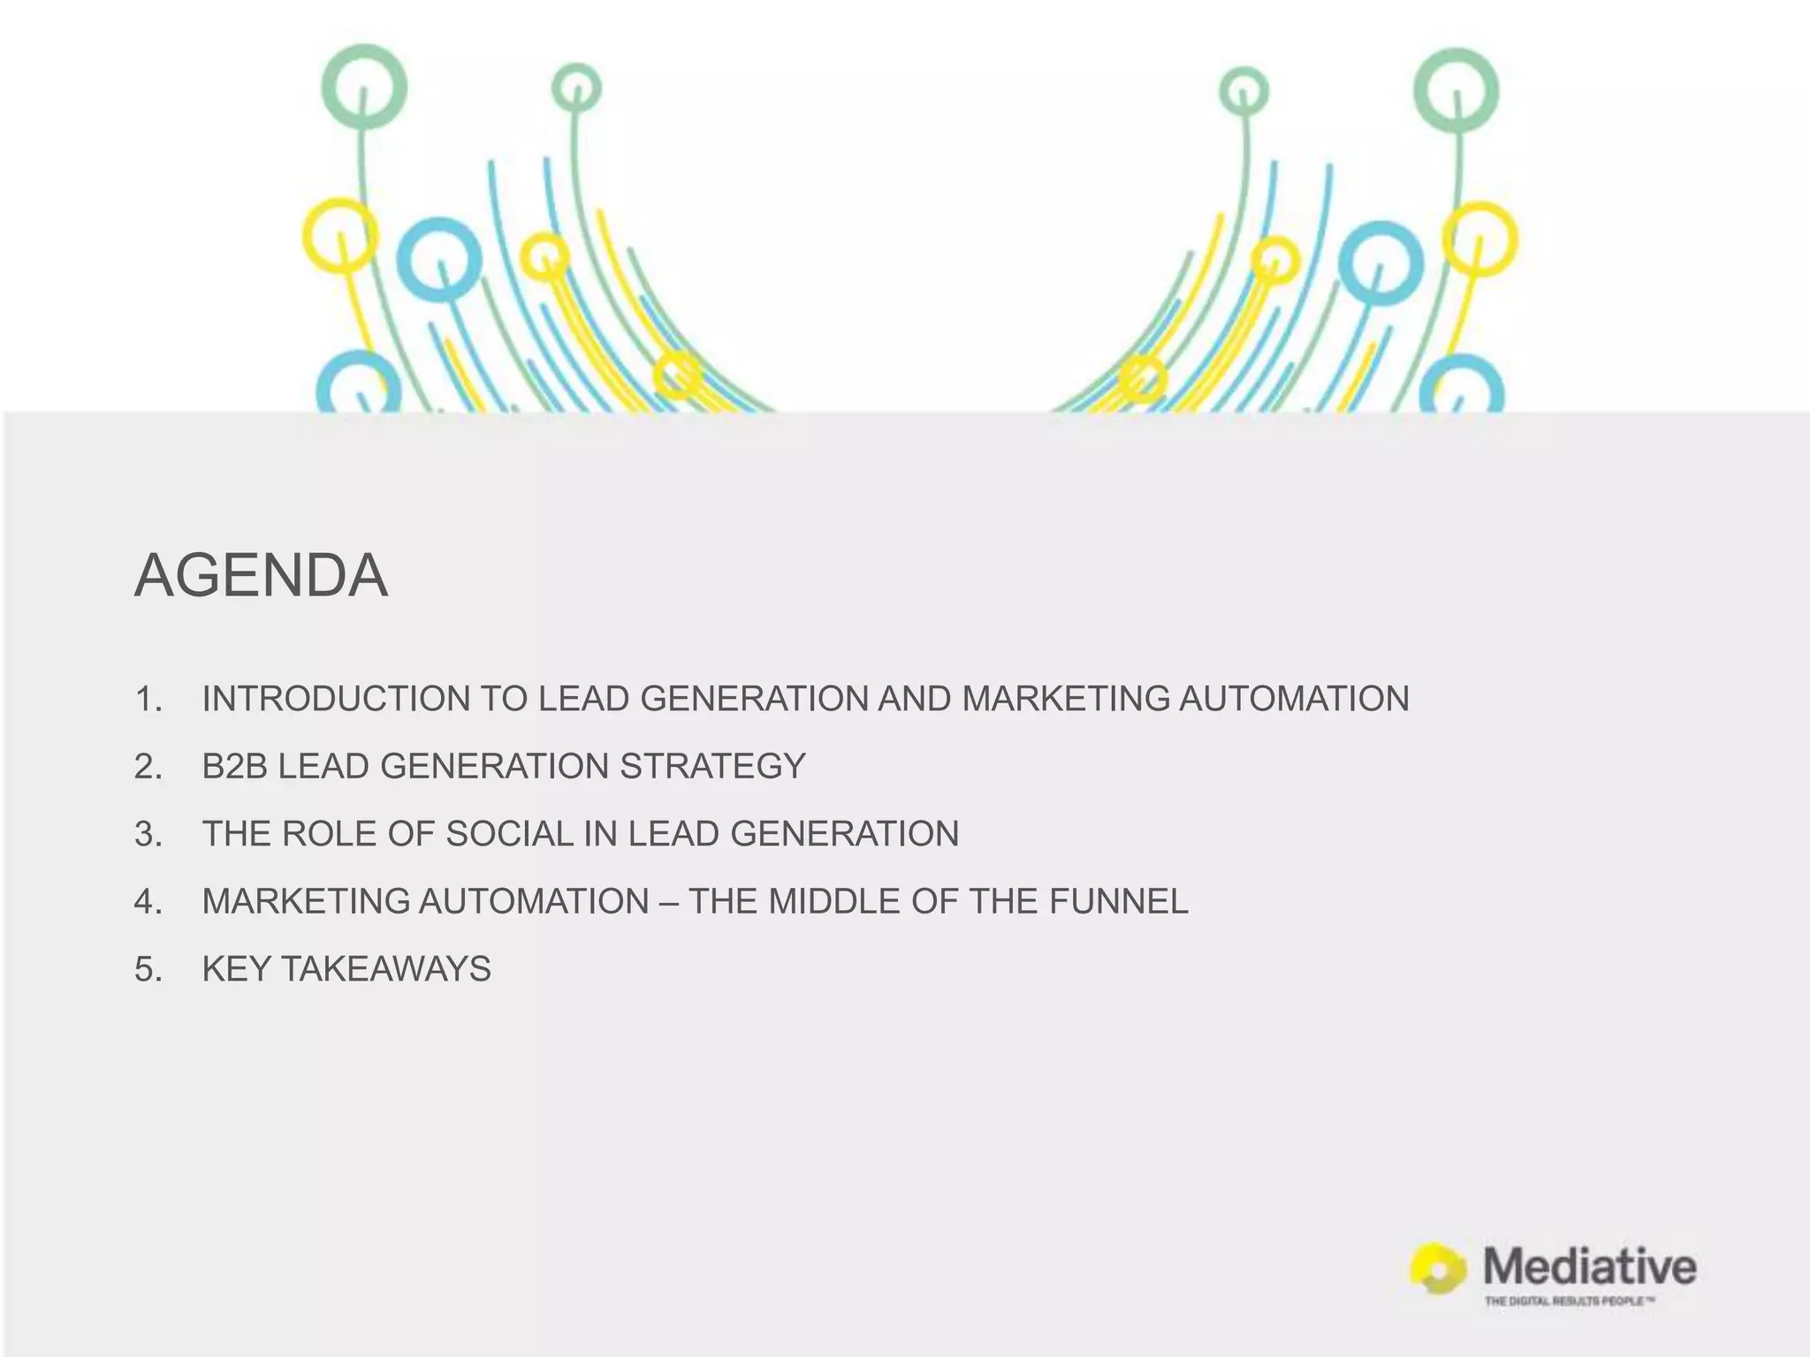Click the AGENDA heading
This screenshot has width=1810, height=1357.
tap(261, 576)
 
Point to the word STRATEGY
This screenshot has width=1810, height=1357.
tap(712, 766)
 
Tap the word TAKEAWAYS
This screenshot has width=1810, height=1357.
tap(385, 969)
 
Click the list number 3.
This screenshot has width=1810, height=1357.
tap(148, 834)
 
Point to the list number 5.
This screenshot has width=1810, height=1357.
tap(148, 969)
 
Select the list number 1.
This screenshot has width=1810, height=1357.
tap(148, 699)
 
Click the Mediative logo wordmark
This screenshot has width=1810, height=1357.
tap(1589, 1267)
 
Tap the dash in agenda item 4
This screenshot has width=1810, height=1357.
tap(669, 901)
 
